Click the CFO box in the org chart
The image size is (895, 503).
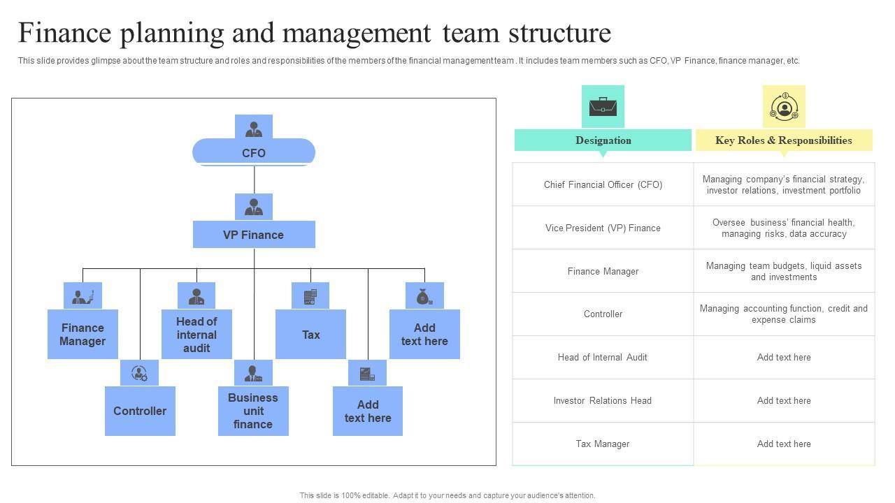(x=254, y=153)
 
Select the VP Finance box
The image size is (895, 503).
(x=254, y=235)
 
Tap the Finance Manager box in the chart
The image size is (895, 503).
(x=83, y=334)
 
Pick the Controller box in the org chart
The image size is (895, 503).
(x=140, y=411)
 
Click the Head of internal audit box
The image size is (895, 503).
(x=196, y=334)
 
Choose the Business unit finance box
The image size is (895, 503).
(x=253, y=411)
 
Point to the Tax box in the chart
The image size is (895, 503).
(x=310, y=334)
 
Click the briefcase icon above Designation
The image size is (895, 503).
(x=603, y=106)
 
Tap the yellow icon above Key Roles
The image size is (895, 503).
(x=784, y=106)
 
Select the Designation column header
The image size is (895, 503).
(x=603, y=140)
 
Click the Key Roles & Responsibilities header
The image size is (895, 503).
(x=784, y=140)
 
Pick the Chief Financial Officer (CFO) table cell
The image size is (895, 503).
(x=603, y=184)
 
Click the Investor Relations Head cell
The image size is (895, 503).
(x=603, y=400)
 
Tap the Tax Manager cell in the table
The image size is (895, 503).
(x=603, y=444)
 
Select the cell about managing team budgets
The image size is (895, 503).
(x=784, y=271)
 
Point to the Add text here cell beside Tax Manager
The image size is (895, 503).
(x=784, y=444)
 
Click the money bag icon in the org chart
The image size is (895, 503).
(x=424, y=296)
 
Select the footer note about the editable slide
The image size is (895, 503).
(x=447, y=495)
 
